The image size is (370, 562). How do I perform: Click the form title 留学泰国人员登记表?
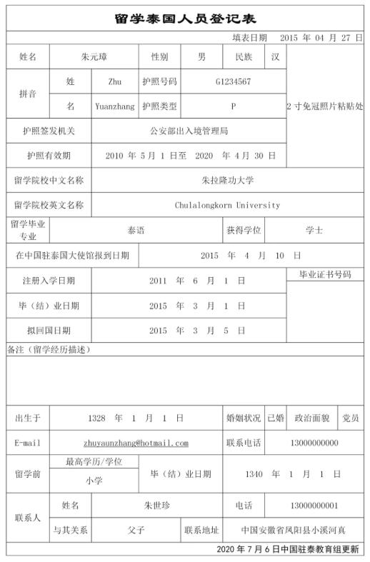click(x=185, y=19)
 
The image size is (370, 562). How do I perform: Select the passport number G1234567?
click(x=233, y=81)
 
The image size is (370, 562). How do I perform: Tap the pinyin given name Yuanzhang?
click(x=114, y=106)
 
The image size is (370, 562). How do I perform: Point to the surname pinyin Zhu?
click(x=114, y=81)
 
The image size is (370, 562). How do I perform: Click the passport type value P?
click(x=233, y=106)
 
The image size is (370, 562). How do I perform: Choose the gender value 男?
click(x=201, y=56)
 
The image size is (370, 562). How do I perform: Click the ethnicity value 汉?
click(x=275, y=56)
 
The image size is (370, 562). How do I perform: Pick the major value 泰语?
click(x=136, y=230)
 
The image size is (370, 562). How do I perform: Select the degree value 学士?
click(x=314, y=230)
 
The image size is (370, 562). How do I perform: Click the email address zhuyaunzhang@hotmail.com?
click(x=136, y=443)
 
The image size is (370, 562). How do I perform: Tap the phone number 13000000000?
click(x=314, y=443)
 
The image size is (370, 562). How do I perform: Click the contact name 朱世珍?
click(x=156, y=506)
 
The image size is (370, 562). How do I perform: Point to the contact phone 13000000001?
click(x=314, y=506)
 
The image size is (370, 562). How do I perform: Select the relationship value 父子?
click(x=136, y=531)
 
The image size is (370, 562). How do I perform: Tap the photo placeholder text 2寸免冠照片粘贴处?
click(x=324, y=106)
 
